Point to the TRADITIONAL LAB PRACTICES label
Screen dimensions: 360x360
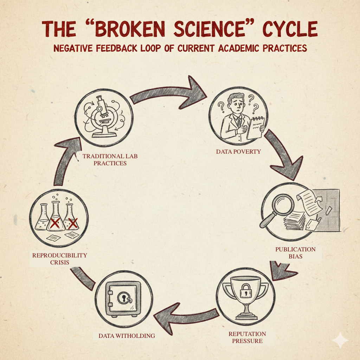104,159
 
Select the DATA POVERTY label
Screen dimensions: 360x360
238,152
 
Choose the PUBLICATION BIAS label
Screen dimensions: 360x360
295,253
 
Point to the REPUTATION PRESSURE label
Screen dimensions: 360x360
247,337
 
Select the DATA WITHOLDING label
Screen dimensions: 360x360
127,336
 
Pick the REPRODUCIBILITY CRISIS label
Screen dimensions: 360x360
59,258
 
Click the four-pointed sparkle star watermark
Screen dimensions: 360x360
340,340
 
